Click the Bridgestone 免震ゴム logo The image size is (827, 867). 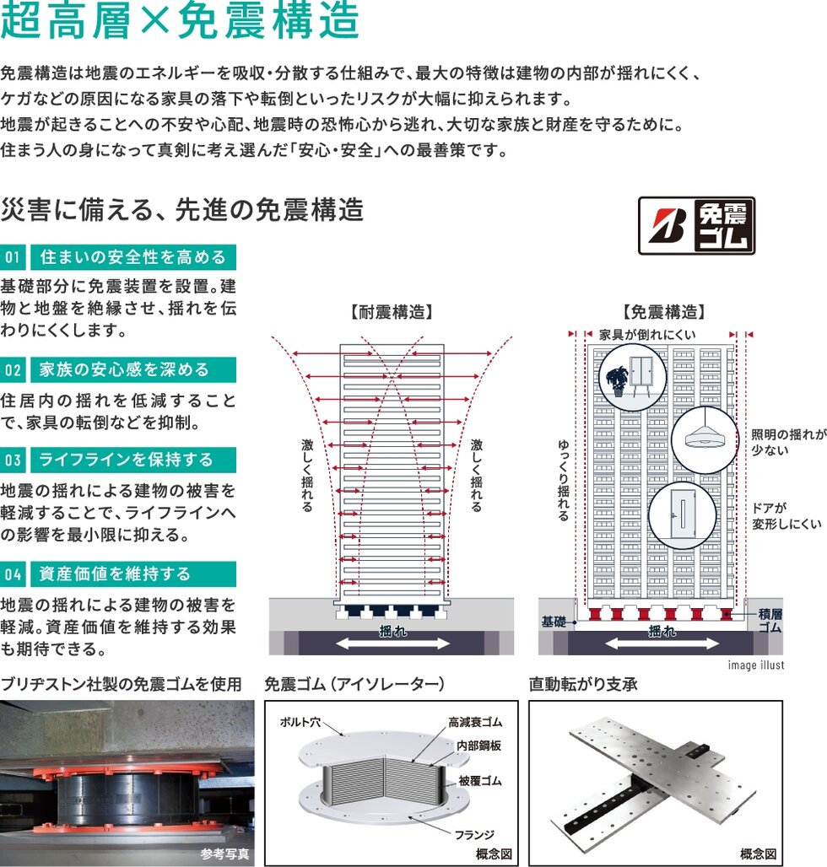tap(696, 225)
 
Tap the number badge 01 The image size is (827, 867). tap(13, 257)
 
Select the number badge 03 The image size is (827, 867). tap(13, 460)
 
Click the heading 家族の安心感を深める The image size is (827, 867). tap(124, 369)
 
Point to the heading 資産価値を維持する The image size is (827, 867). tap(115, 574)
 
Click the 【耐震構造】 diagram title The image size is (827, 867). tap(392, 312)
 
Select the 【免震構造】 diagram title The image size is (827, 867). tap(664, 312)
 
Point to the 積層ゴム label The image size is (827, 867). tap(770, 621)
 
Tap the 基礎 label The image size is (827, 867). tap(554, 622)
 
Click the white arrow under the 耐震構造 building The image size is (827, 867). tap(392, 643)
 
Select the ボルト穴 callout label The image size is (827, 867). tap(300, 722)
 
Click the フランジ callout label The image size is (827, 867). tap(474, 834)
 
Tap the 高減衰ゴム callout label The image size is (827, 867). tap(475, 722)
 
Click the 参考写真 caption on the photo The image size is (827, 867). tap(224, 854)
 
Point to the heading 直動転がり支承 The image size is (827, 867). tap(583, 685)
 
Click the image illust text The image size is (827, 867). tap(755, 665)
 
